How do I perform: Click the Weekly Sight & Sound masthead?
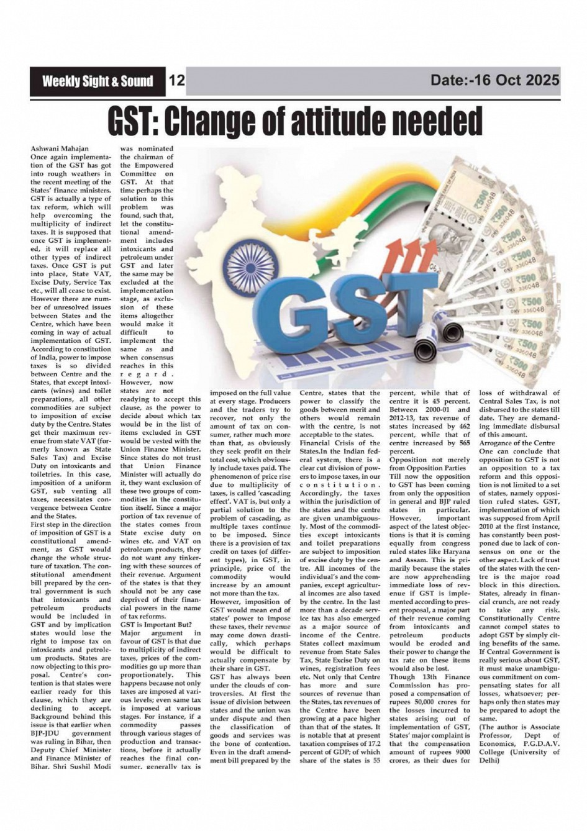point(98,81)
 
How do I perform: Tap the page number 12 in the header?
point(176,81)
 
